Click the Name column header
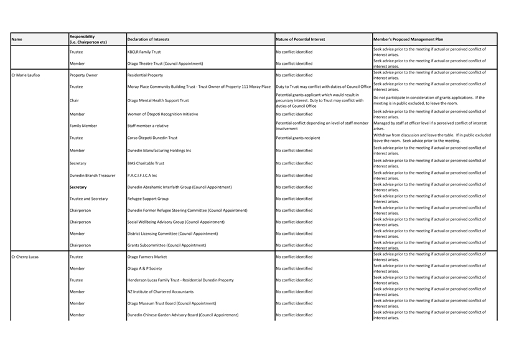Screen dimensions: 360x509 point(17,39)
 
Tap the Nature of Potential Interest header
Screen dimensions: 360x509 point(300,39)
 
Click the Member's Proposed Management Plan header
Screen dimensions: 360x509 point(408,39)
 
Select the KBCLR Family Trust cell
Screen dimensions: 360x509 point(144,52)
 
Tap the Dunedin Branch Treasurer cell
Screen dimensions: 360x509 point(92,175)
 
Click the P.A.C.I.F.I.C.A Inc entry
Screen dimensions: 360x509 point(142,175)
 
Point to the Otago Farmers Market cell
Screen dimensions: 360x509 point(147,257)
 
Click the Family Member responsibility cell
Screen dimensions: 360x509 point(83,126)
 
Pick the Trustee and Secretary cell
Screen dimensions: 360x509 point(88,199)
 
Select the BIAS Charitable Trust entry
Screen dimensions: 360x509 point(146,163)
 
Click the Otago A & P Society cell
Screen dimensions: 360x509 point(144,268)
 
